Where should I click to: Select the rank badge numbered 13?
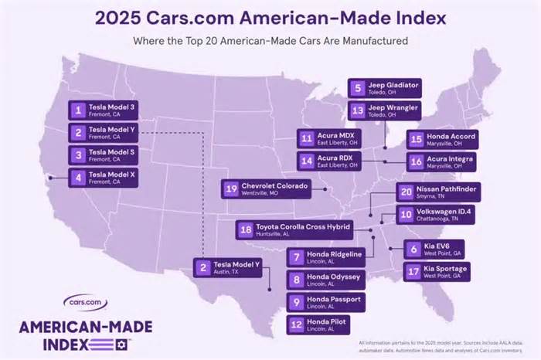coord(356,111)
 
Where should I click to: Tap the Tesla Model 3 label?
coord(112,109)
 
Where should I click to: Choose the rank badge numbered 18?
coord(246,229)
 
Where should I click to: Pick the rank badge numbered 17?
coord(412,271)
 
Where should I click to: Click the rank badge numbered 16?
coord(416,161)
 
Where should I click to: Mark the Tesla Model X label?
coord(112,177)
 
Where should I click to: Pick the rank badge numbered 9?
coord(297,301)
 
